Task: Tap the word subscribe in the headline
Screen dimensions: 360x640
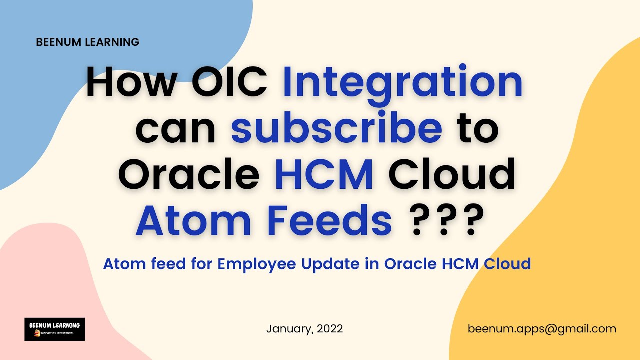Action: click(336, 127)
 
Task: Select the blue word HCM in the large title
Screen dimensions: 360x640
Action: click(324, 175)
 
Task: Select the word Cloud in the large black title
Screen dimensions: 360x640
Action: click(452, 175)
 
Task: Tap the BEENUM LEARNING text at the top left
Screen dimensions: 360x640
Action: click(87, 42)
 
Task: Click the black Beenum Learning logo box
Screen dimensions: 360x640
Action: click(54, 329)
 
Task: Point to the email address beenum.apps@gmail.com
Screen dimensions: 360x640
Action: click(542, 329)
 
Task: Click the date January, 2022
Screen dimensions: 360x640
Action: click(304, 329)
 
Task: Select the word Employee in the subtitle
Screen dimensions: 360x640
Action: click(256, 264)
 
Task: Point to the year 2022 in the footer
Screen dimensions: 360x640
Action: click(330, 329)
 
